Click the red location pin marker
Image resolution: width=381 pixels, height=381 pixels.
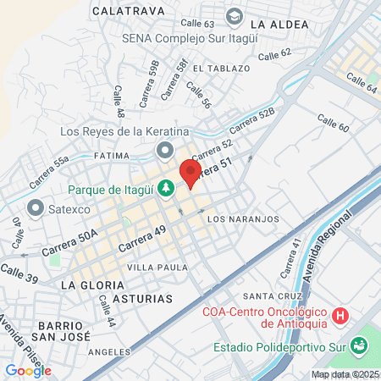click(x=190, y=174)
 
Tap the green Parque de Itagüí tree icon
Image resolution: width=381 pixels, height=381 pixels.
click(x=168, y=188)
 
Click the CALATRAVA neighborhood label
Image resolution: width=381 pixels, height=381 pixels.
click(x=126, y=11)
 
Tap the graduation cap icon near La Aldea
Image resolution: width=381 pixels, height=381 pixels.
click(x=234, y=16)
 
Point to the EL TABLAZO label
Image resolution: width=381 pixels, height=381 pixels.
click(x=221, y=68)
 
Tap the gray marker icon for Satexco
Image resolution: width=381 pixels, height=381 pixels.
click(x=36, y=207)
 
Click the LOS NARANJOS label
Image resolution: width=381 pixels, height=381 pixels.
click(x=243, y=218)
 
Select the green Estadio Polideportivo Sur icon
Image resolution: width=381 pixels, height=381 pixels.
click(x=358, y=345)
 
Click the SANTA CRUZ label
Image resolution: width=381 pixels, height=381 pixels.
click(x=268, y=296)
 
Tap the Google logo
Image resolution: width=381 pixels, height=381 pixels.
click(x=28, y=370)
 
